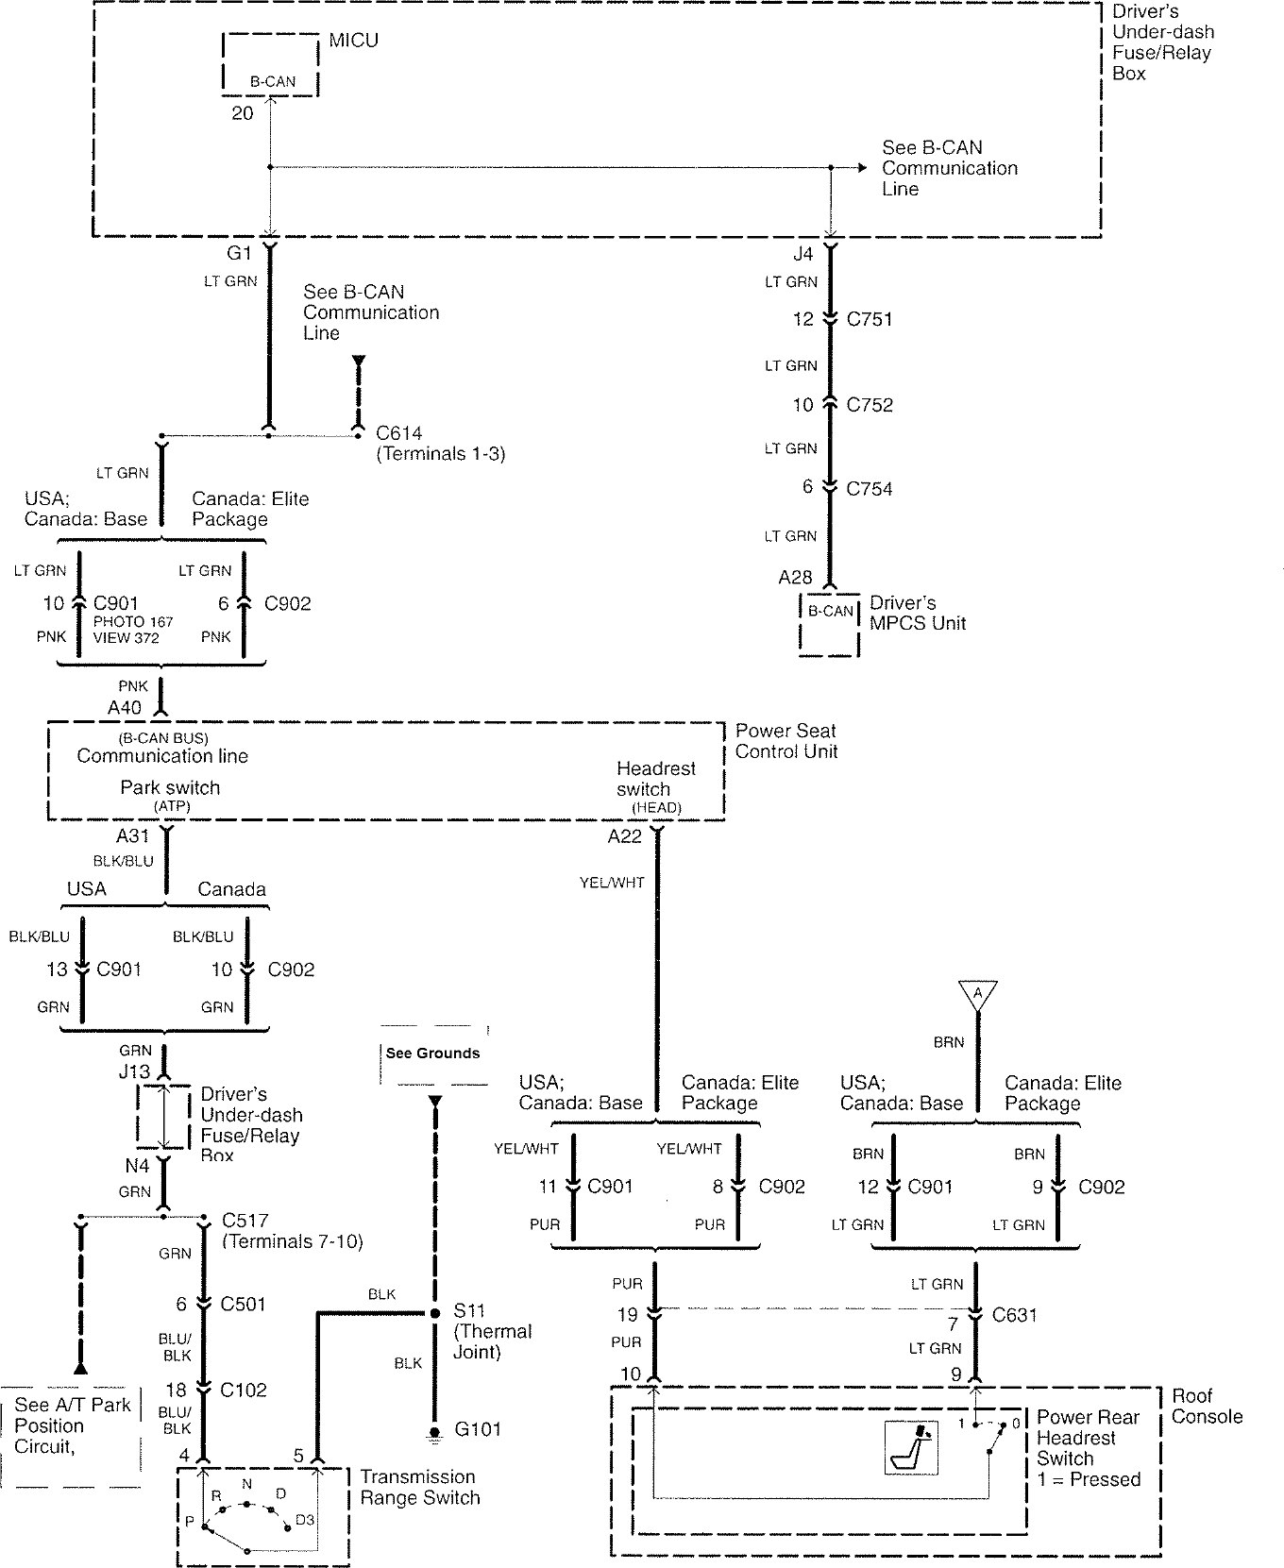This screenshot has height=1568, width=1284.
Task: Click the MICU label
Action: click(353, 41)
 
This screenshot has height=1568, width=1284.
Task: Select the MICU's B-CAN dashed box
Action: click(271, 64)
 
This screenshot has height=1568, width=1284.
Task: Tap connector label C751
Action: click(870, 319)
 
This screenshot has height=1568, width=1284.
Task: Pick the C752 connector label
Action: click(870, 405)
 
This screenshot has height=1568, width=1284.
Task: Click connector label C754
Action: click(870, 488)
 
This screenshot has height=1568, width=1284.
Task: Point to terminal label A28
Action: click(796, 577)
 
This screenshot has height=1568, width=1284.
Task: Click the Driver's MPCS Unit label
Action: click(918, 613)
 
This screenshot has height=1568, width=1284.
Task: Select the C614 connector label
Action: click(398, 433)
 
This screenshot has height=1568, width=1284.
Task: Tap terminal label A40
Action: click(125, 707)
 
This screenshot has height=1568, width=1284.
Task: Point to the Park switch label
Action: click(170, 787)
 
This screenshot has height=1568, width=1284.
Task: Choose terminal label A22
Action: click(625, 835)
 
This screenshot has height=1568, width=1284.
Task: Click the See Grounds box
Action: click(434, 1054)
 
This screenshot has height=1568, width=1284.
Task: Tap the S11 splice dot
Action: click(434, 1313)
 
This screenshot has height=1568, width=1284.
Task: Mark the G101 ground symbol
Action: click(434, 1434)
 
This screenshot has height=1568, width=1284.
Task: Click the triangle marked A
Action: click(977, 994)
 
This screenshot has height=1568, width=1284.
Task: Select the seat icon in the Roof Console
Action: click(911, 1448)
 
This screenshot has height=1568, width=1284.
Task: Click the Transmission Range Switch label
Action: click(420, 1487)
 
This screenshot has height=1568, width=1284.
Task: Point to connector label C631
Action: click(1015, 1314)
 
